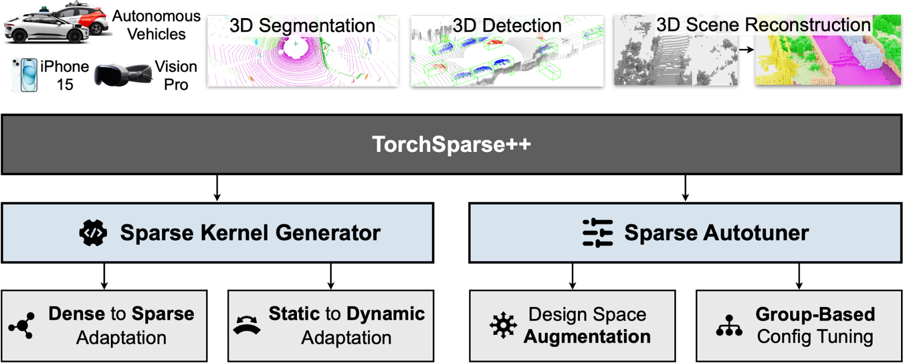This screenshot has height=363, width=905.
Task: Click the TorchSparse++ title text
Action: click(x=451, y=144)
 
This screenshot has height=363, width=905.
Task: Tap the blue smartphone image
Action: click(x=24, y=75)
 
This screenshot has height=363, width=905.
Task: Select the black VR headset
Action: click(x=123, y=75)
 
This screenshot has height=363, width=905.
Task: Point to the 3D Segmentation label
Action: click(x=302, y=25)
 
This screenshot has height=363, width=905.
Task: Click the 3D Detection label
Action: click(x=507, y=25)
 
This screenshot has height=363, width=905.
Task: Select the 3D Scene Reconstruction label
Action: click(x=763, y=25)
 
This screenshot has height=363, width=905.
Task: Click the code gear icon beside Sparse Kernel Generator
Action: click(x=93, y=233)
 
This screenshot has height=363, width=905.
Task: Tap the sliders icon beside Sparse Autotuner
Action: click(x=597, y=232)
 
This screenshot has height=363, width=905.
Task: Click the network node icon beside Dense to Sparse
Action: click(x=21, y=326)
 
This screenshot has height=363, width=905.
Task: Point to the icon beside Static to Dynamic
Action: click(x=247, y=326)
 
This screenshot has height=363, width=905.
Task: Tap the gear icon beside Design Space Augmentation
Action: click(x=503, y=326)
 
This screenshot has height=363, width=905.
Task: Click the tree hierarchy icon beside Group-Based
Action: click(x=729, y=326)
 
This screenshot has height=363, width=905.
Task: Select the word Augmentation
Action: click(x=587, y=337)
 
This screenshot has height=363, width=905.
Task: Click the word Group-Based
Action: click(x=815, y=314)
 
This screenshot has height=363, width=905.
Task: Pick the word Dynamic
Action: click(x=386, y=314)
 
